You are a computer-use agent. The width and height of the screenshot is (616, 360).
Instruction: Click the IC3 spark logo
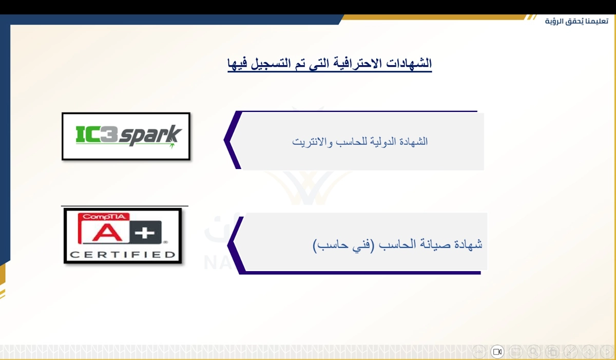[126, 136]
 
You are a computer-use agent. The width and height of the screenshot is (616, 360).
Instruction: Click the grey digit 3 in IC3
[109, 134]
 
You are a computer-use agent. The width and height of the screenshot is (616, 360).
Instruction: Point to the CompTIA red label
[104, 217]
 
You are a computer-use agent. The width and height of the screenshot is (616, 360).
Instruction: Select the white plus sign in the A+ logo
[145, 233]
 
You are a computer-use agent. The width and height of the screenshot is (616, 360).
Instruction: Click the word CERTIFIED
[122, 255]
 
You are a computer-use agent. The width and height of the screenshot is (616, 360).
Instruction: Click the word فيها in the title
[237, 64]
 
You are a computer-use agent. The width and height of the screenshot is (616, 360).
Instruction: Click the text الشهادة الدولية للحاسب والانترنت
[360, 142]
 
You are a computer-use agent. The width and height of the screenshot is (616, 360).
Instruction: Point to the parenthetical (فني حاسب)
[344, 245]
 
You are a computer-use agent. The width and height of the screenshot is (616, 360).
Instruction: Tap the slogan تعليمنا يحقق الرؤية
[576, 21]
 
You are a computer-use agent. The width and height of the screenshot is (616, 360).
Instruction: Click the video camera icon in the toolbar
[497, 352]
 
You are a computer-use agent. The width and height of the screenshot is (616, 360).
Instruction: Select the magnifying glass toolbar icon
[534, 352]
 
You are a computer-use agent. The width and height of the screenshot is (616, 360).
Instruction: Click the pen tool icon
[570, 352]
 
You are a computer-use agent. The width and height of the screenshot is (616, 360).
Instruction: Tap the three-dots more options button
[479, 352]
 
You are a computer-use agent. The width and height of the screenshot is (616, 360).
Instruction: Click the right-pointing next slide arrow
[607, 352]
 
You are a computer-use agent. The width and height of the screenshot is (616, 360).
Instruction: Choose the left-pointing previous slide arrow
[589, 352]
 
